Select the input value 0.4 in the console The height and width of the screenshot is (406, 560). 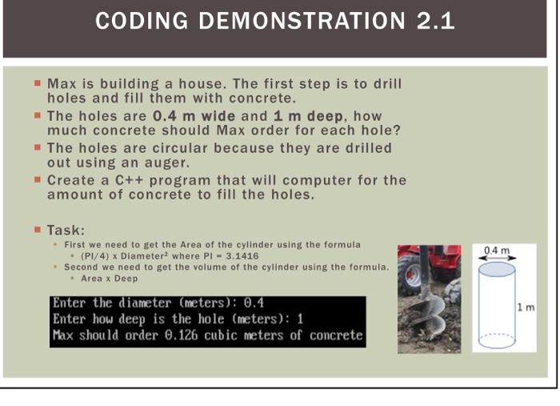[x=254, y=303]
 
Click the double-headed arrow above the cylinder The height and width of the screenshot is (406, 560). [x=496, y=258]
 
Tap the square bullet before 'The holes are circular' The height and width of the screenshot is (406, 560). [x=38, y=147]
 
